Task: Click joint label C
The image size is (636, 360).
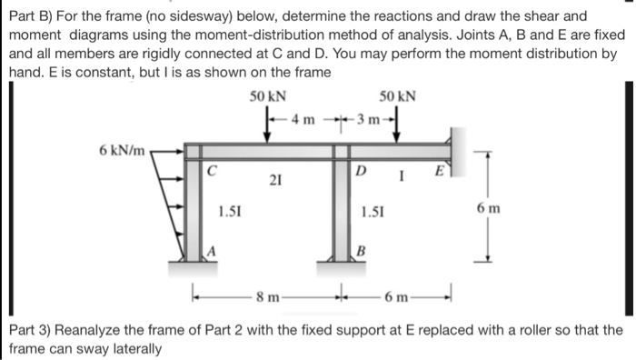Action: click(x=212, y=167)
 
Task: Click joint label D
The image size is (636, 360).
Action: click(x=361, y=168)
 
